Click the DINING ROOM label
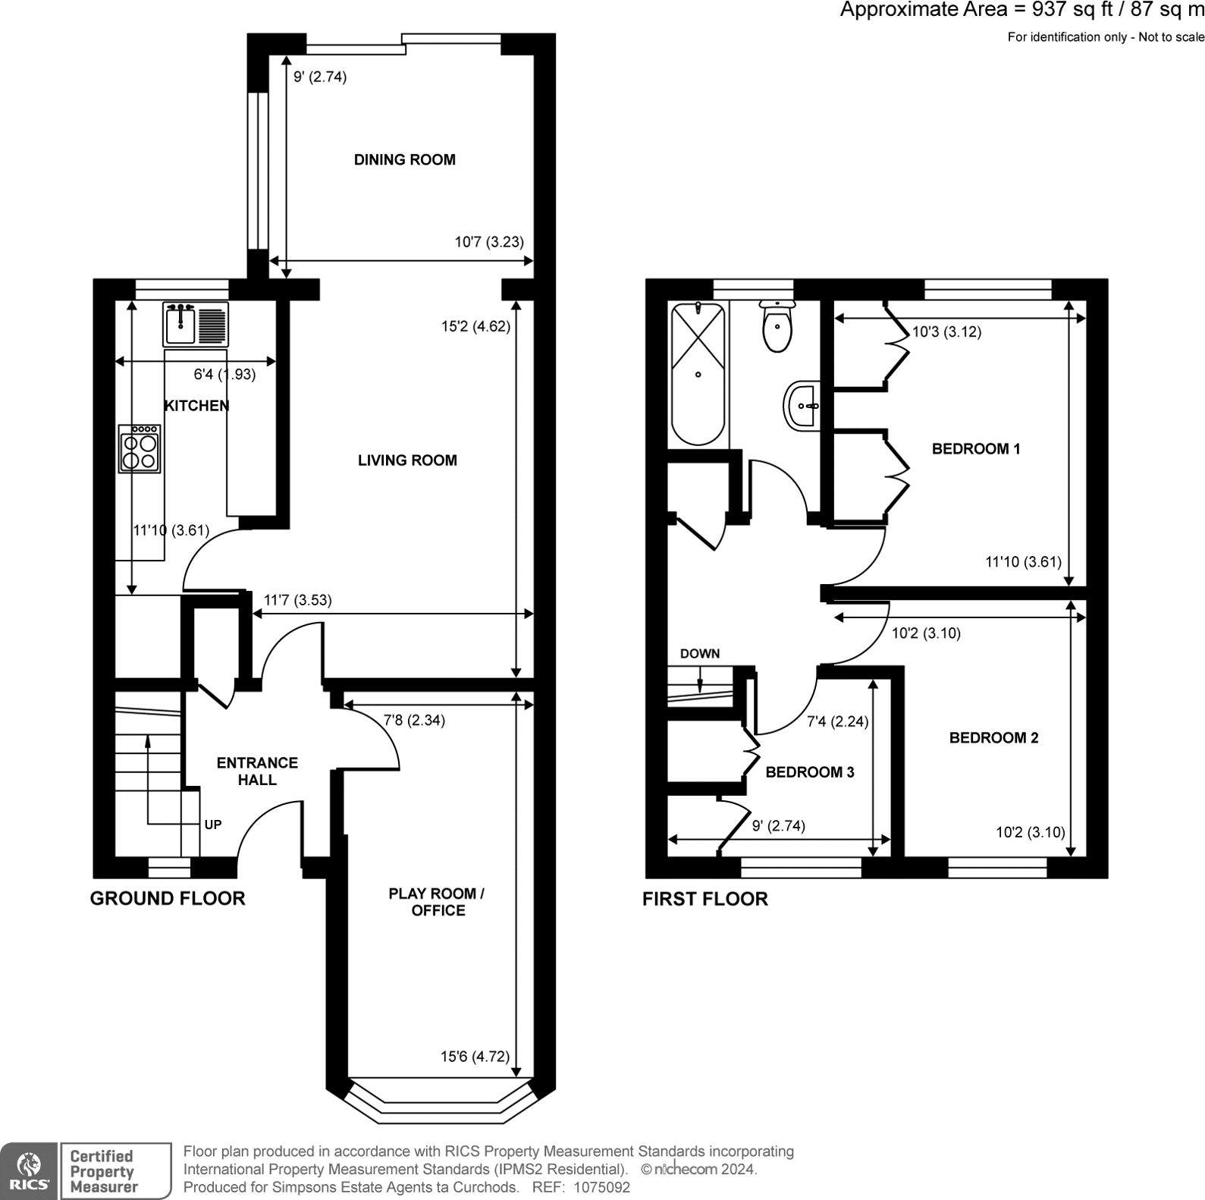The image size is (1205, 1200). [404, 160]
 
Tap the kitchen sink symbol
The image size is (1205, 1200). [195, 325]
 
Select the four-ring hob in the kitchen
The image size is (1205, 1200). [140, 449]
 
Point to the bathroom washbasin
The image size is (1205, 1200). [802, 406]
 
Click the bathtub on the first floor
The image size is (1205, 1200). [698, 373]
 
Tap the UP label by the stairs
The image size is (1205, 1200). [213, 825]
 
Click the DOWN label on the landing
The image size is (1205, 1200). [699, 654]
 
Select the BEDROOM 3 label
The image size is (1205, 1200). [809, 773]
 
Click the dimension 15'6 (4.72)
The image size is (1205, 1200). [475, 1057]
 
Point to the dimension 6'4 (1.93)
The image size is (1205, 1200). [224, 375]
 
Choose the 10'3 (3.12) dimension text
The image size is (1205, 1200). [946, 332]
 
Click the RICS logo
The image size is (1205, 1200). [29, 1171]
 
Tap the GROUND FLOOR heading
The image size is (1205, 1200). [168, 899]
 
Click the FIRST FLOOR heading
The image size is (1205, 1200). [704, 900]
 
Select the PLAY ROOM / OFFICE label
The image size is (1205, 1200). [437, 902]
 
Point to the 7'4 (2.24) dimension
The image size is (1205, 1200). [837, 722]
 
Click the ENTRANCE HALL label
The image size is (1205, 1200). [257, 771]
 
